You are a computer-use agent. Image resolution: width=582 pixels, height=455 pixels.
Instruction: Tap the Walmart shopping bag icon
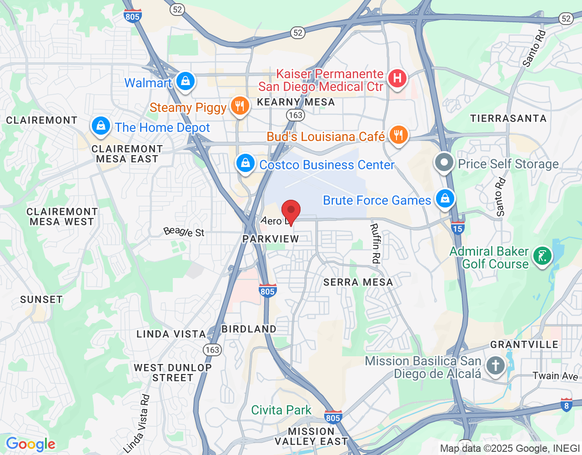(x=185, y=81)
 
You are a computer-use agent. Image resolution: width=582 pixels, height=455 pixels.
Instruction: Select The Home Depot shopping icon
(x=100, y=126)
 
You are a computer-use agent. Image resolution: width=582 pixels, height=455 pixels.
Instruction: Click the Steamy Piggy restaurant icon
(x=240, y=106)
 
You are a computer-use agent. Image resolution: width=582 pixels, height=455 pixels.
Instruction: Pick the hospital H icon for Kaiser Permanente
(x=397, y=78)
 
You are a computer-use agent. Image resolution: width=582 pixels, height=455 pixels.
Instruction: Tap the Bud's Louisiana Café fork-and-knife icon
(x=398, y=135)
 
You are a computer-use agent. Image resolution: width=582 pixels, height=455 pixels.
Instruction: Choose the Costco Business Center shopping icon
(x=246, y=163)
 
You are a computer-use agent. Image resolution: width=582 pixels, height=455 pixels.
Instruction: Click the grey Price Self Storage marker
(x=444, y=162)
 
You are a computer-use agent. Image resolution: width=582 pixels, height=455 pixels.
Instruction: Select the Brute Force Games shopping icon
(x=445, y=198)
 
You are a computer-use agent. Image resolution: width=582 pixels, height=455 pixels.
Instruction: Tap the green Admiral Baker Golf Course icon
(x=542, y=256)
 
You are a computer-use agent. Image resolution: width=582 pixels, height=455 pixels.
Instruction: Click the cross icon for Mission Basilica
(x=496, y=365)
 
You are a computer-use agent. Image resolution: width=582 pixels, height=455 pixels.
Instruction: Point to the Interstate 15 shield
(x=457, y=228)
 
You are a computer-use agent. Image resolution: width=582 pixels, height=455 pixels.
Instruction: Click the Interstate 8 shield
(x=566, y=405)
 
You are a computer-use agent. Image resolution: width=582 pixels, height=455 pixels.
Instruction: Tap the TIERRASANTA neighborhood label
(x=508, y=118)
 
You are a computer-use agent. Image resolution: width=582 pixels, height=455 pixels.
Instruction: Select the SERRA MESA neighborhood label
(x=358, y=282)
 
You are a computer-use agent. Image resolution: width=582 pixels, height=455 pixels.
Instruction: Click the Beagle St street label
(x=184, y=232)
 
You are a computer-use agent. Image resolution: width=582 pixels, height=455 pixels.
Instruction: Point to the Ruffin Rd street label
(x=375, y=243)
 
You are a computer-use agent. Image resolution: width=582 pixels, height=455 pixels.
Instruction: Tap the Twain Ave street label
(x=555, y=376)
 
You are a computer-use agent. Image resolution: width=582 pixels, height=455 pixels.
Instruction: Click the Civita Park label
(x=281, y=410)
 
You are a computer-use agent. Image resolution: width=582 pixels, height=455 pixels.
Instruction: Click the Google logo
(x=31, y=444)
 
